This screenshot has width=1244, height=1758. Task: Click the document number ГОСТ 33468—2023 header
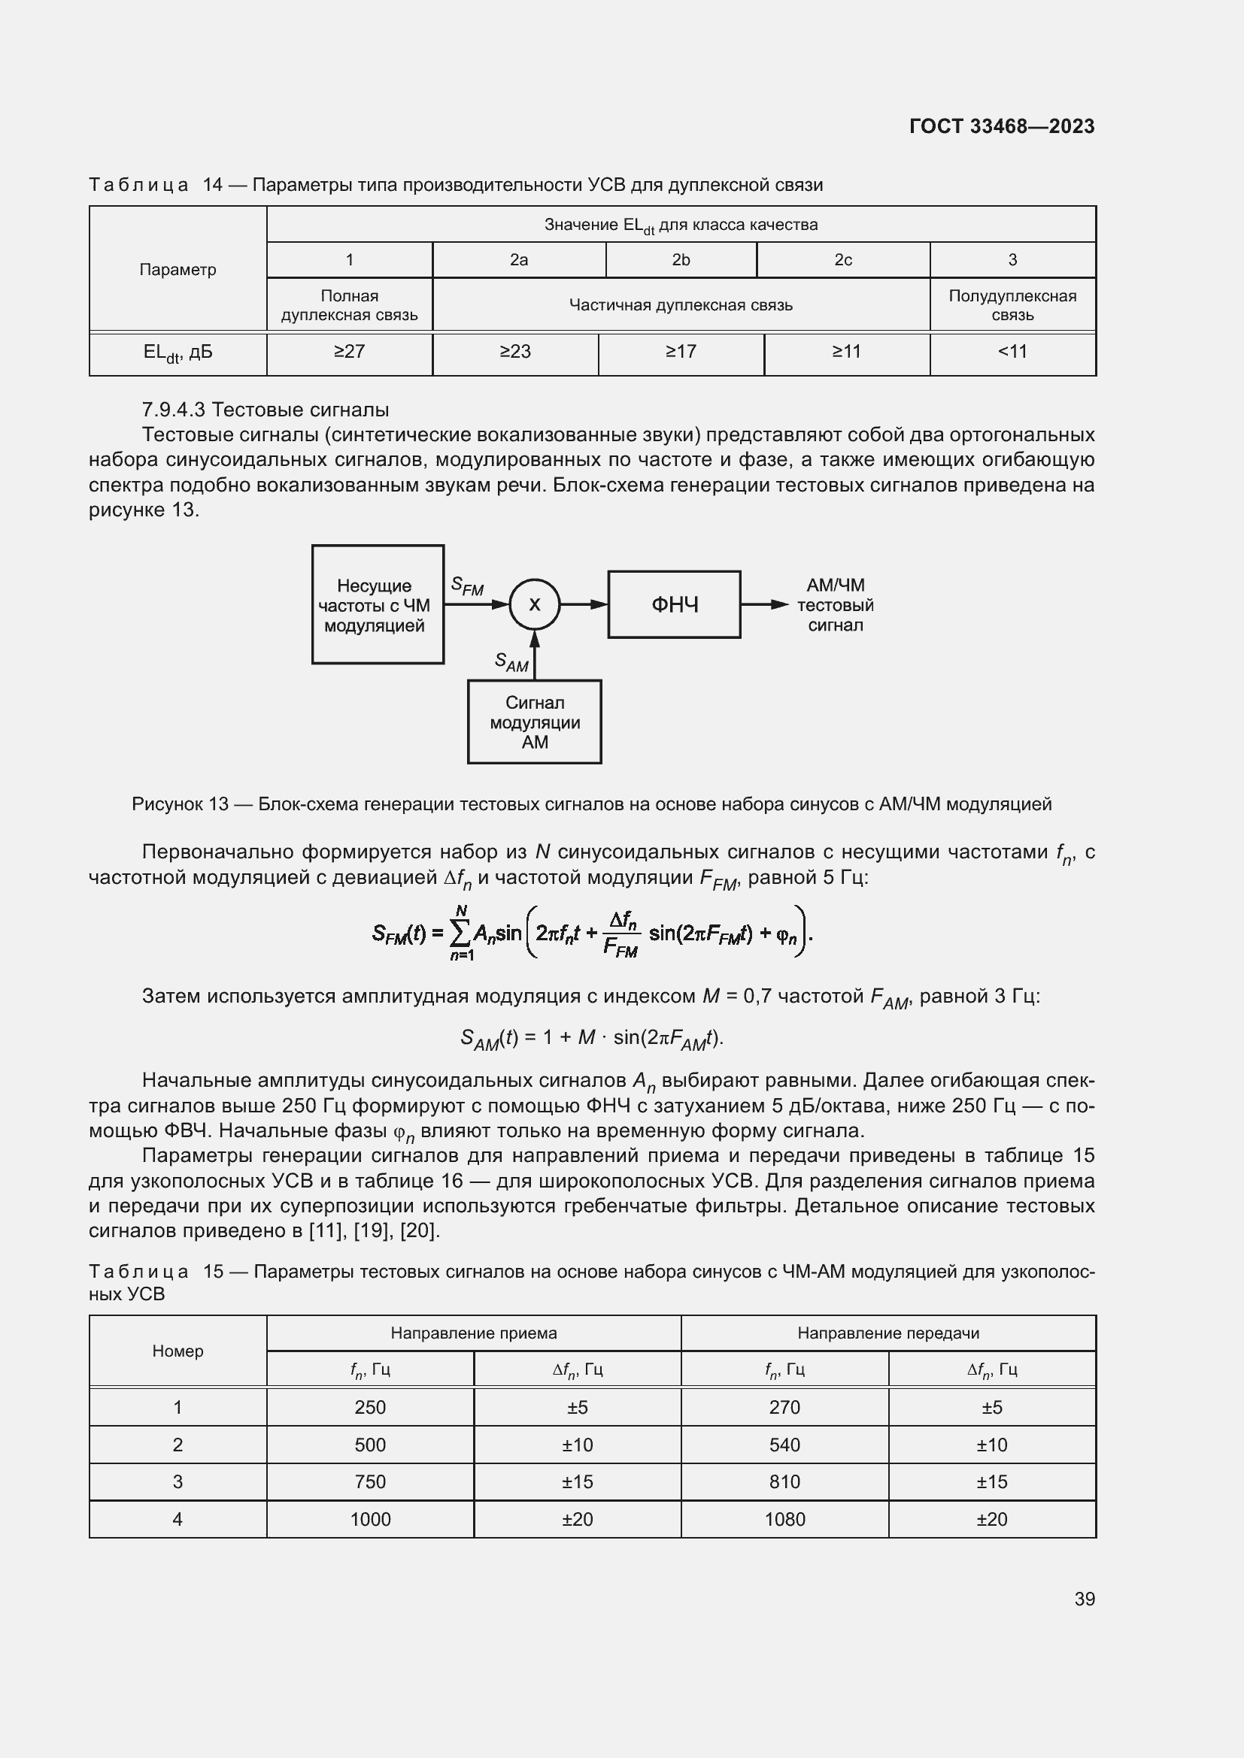tap(1001, 126)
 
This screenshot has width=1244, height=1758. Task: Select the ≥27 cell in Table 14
tap(349, 352)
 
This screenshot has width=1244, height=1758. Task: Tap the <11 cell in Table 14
tap(1012, 352)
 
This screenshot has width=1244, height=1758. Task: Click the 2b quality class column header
tap(681, 259)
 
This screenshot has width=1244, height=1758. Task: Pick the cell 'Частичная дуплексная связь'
tap(680, 304)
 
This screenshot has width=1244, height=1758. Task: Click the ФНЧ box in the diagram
tap(674, 605)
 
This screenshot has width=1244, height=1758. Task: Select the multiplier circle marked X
tap(535, 604)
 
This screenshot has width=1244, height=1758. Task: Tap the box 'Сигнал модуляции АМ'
tap(535, 722)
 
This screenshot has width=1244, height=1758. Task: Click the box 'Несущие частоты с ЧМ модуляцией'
tap(377, 605)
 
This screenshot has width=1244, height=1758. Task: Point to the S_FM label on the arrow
tap(467, 586)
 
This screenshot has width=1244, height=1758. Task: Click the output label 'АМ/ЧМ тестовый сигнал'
tap(835, 605)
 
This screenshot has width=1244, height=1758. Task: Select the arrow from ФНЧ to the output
tap(763, 605)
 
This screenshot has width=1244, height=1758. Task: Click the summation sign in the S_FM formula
tap(460, 933)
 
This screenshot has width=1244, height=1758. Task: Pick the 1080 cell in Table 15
tap(784, 1519)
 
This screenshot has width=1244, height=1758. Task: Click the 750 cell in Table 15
tap(370, 1481)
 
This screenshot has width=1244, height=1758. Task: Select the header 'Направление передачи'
tap(887, 1333)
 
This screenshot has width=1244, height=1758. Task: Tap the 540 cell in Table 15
tap(784, 1445)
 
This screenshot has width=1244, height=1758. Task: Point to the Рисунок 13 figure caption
tap(591, 804)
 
